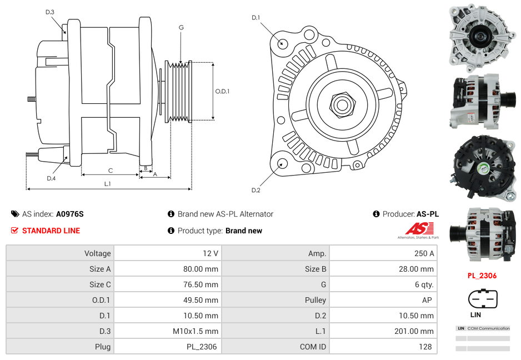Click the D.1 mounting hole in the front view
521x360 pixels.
[x=282, y=43]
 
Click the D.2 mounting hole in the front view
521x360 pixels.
[x=282, y=163]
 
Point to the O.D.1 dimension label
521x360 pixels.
[x=222, y=91]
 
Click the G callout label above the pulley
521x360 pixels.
[x=181, y=28]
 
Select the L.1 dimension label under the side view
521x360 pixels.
[x=108, y=183]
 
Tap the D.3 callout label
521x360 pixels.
[x=50, y=12]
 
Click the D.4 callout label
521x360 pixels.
[x=51, y=178]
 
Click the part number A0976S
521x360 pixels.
[x=70, y=214]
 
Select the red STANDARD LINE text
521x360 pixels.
[x=51, y=231]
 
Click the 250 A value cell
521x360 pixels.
[x=424, y=253]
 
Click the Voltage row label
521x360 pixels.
[x=97, y=253]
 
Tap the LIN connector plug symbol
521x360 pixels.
[x=483, y=299]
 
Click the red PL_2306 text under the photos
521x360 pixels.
[x=482, y=276]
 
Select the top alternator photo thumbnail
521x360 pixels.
[x=482, y=36]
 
